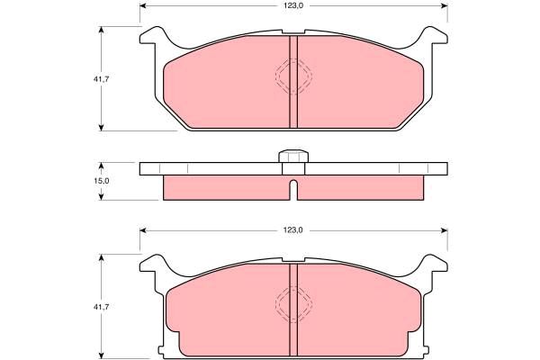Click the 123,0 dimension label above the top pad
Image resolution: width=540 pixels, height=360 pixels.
click(293, 5)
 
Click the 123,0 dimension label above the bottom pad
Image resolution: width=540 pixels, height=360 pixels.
click(293, 230)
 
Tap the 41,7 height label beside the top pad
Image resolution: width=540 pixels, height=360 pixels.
click(101, 79)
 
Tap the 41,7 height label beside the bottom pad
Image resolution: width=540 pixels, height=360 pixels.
click(101, 307)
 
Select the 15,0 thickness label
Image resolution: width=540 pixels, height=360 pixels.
click(101, 181)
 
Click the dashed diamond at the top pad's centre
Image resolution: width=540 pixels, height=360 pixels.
click(293, 76)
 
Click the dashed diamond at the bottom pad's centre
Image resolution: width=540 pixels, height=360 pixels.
click(293, 304)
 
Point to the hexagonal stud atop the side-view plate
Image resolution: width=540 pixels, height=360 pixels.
click(293, 156)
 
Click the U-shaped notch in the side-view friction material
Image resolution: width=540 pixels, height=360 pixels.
click(293, 190)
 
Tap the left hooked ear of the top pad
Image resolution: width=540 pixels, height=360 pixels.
click(153, 35)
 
